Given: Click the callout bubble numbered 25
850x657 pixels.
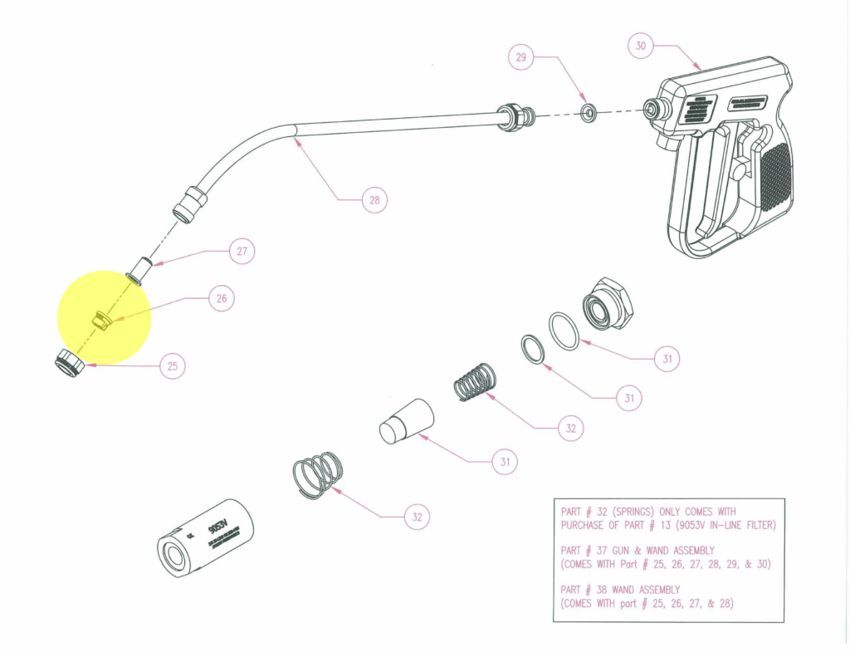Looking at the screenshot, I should (172, 366).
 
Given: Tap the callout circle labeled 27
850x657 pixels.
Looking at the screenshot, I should (242, 253).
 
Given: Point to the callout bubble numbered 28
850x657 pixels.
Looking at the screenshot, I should (374, 200).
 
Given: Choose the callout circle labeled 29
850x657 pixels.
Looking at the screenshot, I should (521, 57).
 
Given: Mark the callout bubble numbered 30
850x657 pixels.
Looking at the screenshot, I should (640, 47).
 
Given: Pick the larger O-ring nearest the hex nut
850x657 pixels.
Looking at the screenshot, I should (564, 331).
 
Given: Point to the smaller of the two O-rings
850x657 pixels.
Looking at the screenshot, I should (533, 349).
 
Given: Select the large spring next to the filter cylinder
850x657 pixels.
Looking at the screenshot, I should (316, 476).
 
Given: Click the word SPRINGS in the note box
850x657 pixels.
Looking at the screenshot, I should (637, 512).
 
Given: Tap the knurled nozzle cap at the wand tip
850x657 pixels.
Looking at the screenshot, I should (68, 364).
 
